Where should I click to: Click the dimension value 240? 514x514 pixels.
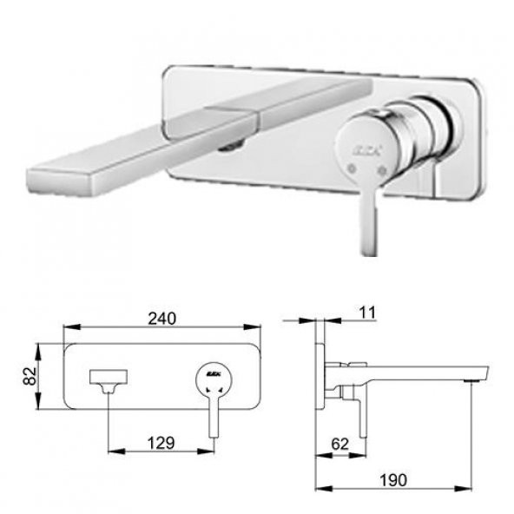pyautogui.click(x=162, y=317)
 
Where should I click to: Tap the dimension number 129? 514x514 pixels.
pyautogui.click(x=161, y=442)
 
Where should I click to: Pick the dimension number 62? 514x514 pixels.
pyautogui.click(x=341, y=443)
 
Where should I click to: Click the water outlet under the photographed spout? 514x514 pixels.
pyautogui.click(x=230, y=146)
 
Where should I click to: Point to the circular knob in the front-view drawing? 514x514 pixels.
pyautogui.click(x=213, y=376)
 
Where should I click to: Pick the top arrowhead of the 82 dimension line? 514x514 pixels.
pyautogui.click(x=38, y=347)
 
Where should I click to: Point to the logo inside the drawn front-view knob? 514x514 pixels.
pyautogui.click(x=213, y=374)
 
